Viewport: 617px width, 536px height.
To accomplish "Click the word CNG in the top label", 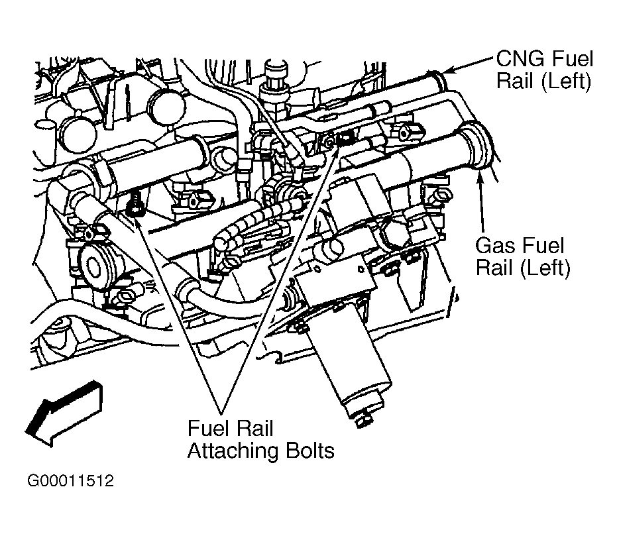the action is click(520, 59).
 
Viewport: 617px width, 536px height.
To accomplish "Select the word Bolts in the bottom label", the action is click(310, 451).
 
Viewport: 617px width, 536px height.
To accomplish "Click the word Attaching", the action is click(234, 451).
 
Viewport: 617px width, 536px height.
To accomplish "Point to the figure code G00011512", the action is click(70, 480).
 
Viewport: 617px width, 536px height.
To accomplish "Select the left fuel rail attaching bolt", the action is click(135, 205).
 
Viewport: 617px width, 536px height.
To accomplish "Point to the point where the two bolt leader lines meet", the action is click(221, 413).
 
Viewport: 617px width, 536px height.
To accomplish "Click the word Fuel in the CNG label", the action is click(573, 59).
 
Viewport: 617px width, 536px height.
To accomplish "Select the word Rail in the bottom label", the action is click(257, 428).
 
